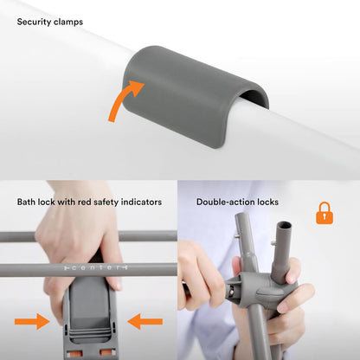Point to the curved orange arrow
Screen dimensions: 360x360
click(x=124, y=100)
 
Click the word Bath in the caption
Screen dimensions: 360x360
click(x=26, y=202)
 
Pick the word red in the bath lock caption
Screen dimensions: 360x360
click(x=84, y=202)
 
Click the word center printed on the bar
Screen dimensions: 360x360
click(x=95, y=267)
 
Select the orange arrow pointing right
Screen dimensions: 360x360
click(x=32, y=321)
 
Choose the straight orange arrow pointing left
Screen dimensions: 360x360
click(x=145, y=321)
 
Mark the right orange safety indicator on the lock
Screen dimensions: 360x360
click(x=107, y=352)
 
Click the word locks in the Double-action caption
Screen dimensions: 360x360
click(x=268, y=202)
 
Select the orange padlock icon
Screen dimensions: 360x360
click(x=325, y=213)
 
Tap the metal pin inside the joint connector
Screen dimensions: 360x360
click(x=231, y=292)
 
